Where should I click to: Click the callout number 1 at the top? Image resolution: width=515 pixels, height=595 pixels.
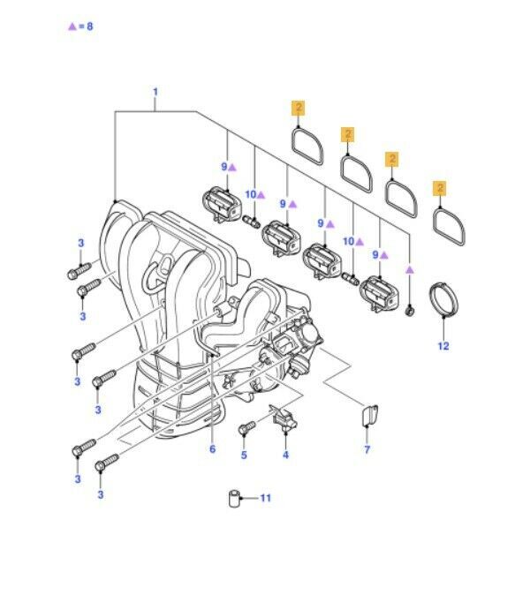155,92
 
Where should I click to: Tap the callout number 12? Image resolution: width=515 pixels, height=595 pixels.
443,346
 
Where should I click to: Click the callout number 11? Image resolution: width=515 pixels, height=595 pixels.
266,498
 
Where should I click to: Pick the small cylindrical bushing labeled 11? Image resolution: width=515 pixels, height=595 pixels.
235,499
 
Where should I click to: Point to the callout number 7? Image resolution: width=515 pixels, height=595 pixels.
367,449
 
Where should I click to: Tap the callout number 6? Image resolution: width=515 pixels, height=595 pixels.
212,449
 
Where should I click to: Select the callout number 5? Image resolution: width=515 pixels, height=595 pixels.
244,455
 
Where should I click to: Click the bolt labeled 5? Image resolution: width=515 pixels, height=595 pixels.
246,428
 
